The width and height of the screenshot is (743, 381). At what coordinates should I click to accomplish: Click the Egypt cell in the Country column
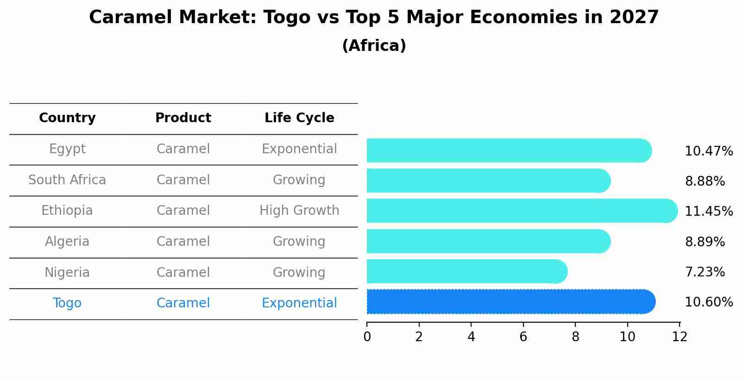click(67, 149)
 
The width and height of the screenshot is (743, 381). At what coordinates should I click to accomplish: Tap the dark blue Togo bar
click(510, 302)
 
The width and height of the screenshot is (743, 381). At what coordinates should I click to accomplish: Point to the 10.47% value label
click(708, 151)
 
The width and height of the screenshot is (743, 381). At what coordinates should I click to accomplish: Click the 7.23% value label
click(705, 272)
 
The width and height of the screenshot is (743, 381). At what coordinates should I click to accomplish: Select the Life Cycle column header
click(299, 118)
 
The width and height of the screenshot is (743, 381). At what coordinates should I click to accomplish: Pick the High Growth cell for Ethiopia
click(299, 211)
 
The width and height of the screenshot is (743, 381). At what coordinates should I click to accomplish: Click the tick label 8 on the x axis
click(575, 337)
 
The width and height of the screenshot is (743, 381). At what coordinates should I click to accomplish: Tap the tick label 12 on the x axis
click(680, 337)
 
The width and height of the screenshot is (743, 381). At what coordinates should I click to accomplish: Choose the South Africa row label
click(67, 180)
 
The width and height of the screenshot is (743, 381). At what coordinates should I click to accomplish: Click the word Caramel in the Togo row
click(183, 303)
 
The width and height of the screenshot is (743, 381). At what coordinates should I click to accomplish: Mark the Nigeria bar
click(466, 272)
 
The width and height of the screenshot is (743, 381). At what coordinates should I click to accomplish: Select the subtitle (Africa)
click(374, 46)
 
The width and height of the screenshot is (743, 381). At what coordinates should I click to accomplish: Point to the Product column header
click(183, 118)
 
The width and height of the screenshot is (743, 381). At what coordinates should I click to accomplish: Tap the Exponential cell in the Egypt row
click(299, 149)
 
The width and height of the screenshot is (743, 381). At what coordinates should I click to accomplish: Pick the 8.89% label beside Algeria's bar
click(705, 242)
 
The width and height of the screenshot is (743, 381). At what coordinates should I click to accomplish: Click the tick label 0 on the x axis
click(367, 337)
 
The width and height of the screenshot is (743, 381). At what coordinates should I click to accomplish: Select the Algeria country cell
click(67, 242)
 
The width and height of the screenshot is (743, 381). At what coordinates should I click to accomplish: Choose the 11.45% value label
click(708, 212)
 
